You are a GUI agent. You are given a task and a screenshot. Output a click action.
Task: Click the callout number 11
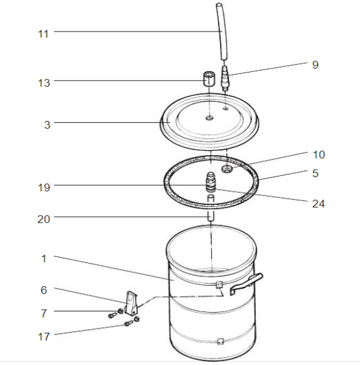[43, 34]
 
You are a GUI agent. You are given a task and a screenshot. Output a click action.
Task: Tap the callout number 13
[44, 83]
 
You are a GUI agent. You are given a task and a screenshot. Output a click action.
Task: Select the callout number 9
[315, 65]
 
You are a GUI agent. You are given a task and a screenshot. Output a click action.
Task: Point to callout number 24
[318, 204]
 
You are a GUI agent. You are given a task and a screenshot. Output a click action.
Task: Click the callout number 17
[44, 337]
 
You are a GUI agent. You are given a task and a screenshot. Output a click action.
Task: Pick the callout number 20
[44, 219]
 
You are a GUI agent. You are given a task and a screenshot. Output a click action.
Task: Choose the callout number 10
[318, 154]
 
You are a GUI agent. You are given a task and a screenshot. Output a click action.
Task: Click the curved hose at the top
[222, 32]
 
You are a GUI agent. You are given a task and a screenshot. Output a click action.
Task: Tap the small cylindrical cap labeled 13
[209, 79]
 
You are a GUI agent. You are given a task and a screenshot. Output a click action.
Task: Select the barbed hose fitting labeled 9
[225, 79]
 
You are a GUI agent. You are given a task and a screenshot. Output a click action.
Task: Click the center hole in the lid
[209, 118]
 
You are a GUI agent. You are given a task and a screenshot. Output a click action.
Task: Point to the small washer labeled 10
[226, 169]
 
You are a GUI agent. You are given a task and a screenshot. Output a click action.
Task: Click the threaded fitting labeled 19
[211, 182]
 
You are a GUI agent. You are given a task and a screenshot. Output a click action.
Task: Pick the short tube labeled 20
[211, 208]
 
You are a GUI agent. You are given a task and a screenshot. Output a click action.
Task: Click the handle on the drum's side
[247, 284]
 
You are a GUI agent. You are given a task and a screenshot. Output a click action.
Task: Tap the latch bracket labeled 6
[131, 303]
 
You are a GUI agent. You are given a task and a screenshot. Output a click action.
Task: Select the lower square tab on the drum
[220, 342]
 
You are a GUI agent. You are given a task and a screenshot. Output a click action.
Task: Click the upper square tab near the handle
[219, 284]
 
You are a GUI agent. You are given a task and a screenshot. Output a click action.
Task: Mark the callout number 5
[315, 173]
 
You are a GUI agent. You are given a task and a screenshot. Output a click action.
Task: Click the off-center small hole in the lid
[226, 108]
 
